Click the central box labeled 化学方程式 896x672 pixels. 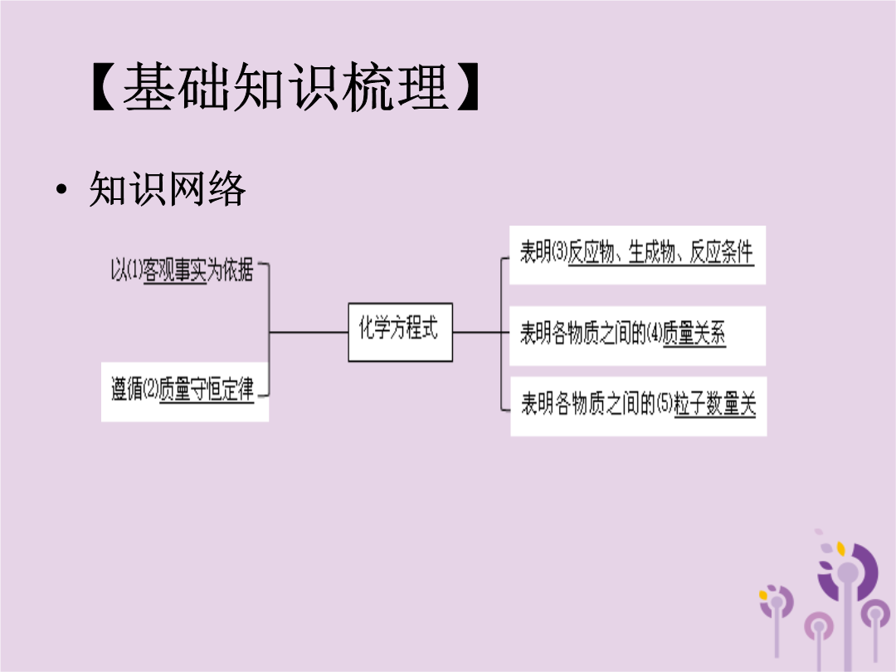tap(400, 332)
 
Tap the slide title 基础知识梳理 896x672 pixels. tap(285, 87)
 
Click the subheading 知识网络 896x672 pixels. tap(168, 188)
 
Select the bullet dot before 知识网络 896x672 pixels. tap(61, 189)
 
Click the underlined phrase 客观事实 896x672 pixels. tap(175, 270)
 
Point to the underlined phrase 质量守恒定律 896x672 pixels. tap(207, 389)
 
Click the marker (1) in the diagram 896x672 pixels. tap(134, 270)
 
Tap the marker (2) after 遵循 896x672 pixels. tap(150, 388)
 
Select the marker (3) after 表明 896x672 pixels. tap(559, 252)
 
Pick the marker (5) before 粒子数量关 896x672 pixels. tap(665, 403)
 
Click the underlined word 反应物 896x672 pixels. tap(592, 252)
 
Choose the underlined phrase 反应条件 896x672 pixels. tap(722, 252)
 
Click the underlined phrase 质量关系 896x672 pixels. tap(694, 333)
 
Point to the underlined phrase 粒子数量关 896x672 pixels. tap(715, 403)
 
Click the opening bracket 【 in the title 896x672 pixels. tap(105, 87)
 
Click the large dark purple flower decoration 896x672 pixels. tap(848, 572)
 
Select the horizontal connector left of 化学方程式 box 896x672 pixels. tap(309, 332)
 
